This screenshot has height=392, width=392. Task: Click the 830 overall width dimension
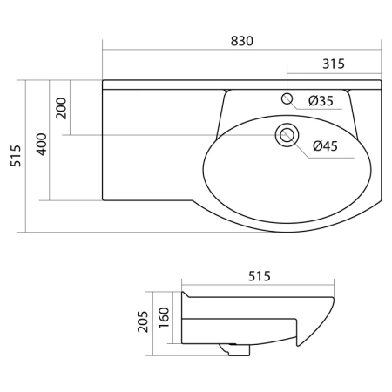[x=242, y=41]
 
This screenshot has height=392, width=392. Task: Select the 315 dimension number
[x=334, y=64]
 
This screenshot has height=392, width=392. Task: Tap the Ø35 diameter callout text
[x=321, y=101]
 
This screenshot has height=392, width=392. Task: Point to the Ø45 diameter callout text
[x=326, y=145]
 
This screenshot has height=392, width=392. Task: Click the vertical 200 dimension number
[x=61, y=108]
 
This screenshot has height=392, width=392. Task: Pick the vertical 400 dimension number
[x=41, y=145]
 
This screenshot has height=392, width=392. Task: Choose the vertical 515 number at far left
[x=16, y=156]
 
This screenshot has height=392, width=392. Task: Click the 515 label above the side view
[x=260, y=276]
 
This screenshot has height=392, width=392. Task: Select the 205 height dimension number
[x=143, y=321]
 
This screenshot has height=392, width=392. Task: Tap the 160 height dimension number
[x=164, y=317]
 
